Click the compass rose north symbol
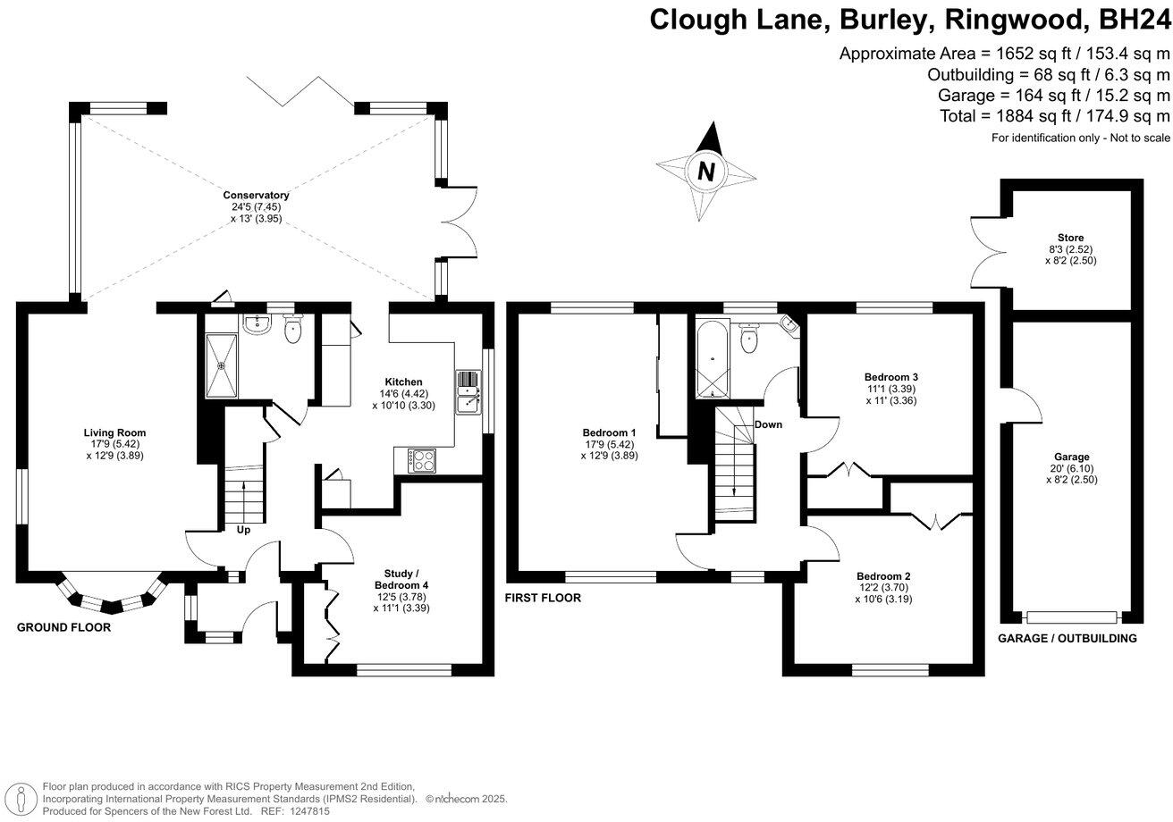pos(706,171)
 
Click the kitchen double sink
pos(468,393)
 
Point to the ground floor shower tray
pos(222,365)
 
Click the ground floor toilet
pos(292,330)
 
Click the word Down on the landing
pos(767,424)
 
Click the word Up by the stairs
pos(243,530)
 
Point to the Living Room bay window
pos(111,595)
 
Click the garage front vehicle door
pos(1072,616)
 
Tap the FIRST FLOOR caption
pos(544,599)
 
